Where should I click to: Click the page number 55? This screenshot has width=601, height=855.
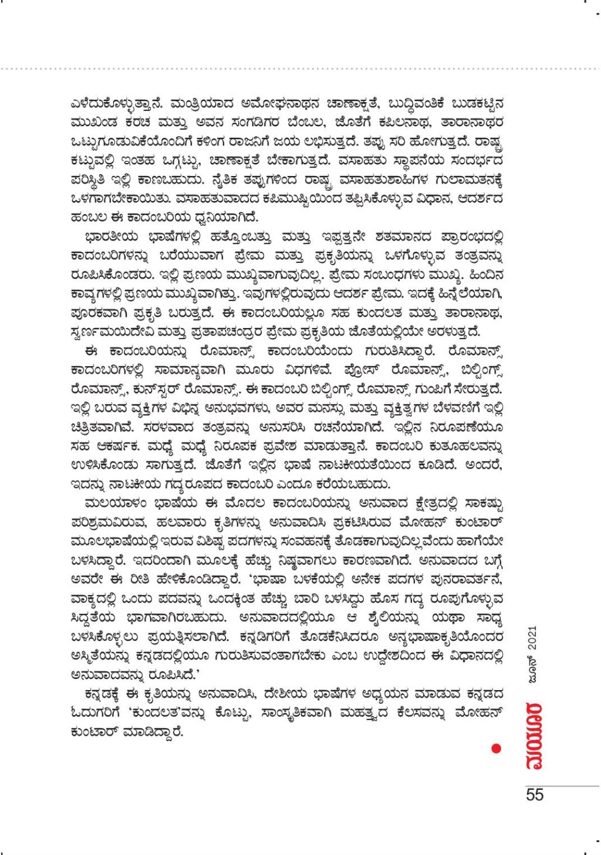pyautogui.click(x=534, y=794)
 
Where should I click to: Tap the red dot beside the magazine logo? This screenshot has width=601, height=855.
pyautogui.click(x=496, y=748)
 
